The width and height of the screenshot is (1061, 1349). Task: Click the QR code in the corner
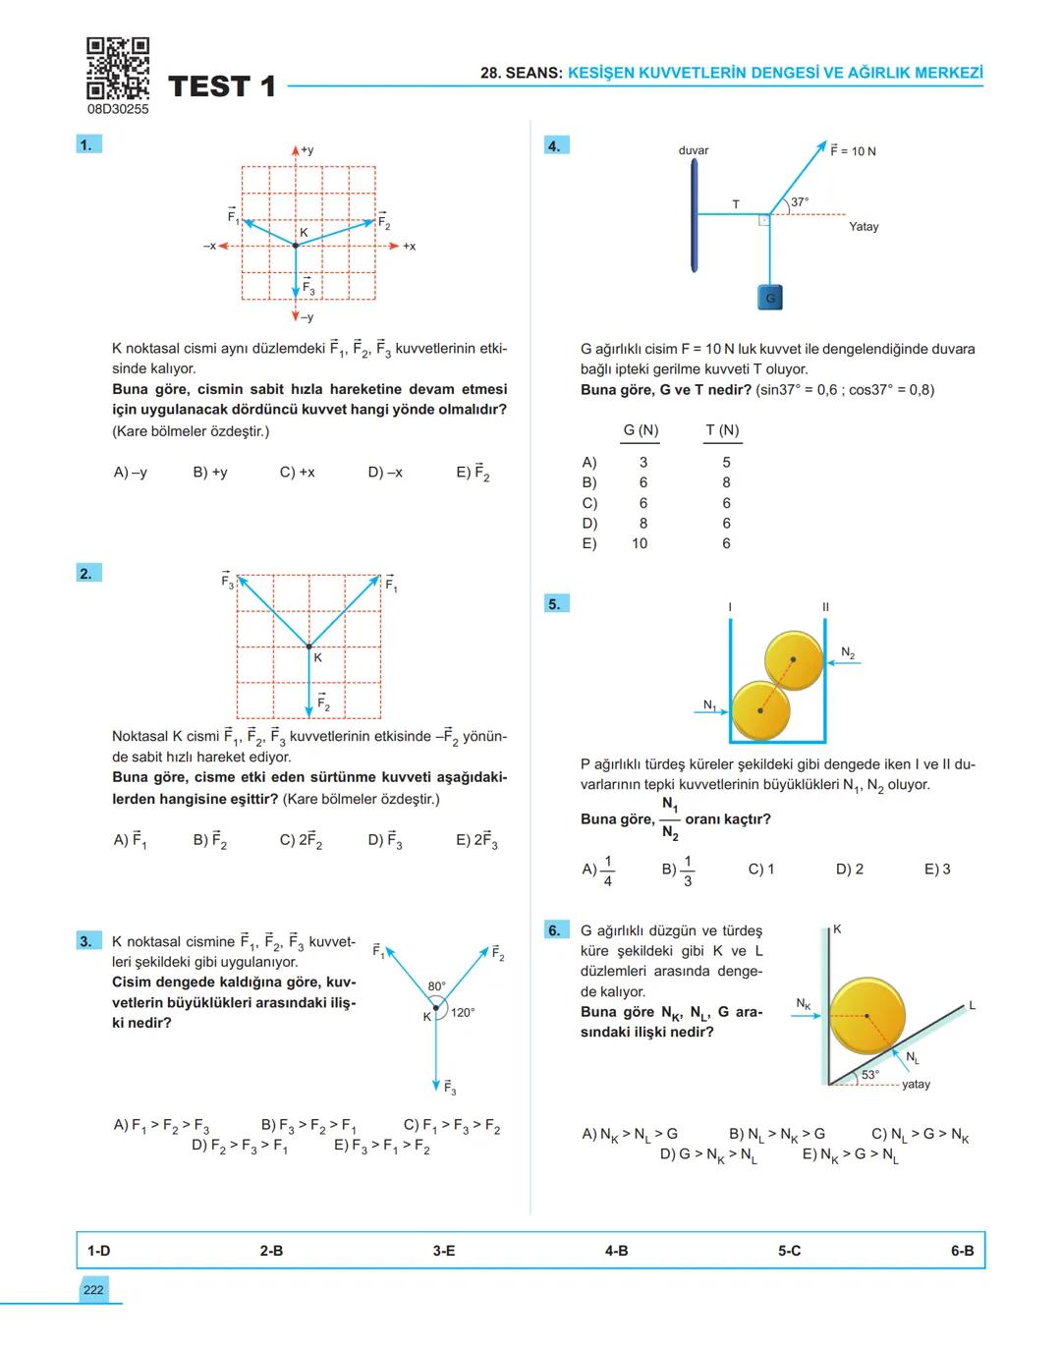(118, 69)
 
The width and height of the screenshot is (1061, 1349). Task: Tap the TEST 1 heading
(222, 86)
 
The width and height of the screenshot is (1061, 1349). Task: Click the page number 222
(93, 1290)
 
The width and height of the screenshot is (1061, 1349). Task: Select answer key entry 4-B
(616, 1251)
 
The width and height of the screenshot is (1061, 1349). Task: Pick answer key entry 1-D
(98, 1251)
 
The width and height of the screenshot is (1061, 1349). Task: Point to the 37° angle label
(800, 202)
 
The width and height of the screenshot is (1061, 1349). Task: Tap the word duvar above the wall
(694, 150)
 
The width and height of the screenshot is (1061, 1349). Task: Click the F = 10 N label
(853, 151)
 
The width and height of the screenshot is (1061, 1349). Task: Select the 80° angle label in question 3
(436, 985)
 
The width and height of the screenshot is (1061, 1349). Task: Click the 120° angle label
(463, 1012)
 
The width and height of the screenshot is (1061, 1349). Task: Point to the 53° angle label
(870, 1075)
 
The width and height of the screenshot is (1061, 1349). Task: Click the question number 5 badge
(555, 603)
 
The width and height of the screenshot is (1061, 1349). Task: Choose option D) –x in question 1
(385, 473)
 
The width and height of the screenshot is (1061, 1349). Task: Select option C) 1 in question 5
(761, 870)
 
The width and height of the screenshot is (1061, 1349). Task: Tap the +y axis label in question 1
(307, 150)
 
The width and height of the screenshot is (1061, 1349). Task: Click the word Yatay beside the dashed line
(864, 227)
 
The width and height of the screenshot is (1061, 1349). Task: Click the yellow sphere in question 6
(866, 1016)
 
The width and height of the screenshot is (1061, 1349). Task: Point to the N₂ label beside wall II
(848, 653)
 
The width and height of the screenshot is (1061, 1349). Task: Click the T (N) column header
(722, 430)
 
